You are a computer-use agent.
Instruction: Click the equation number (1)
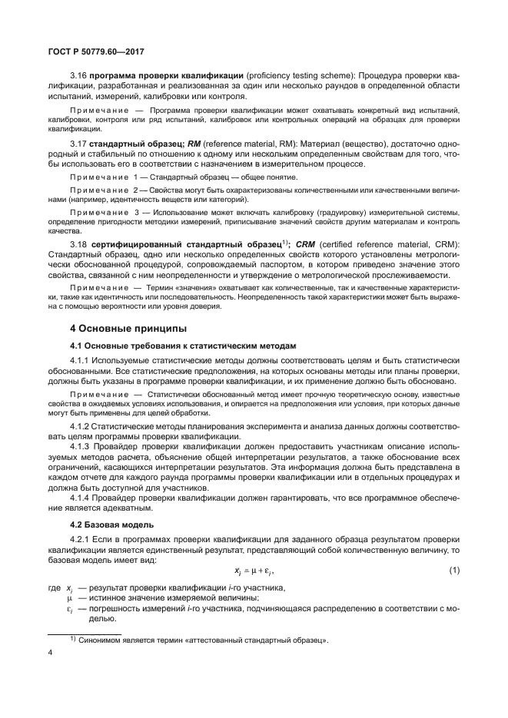(x=453, y=571)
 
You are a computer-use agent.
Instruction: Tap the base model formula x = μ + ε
(x=254, y=571)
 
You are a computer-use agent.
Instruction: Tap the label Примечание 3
(x=103, y=212)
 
